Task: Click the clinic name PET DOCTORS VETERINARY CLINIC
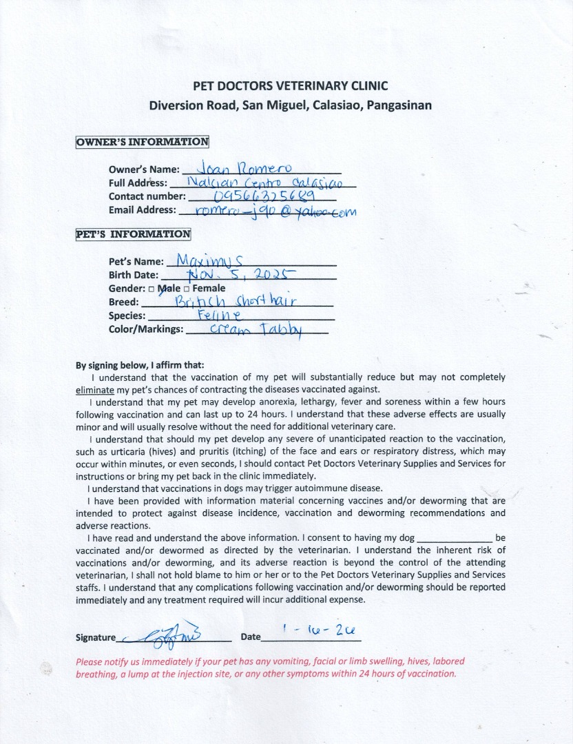289,86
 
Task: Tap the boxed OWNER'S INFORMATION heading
142,142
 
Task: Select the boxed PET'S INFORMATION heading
133,234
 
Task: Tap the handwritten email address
275,211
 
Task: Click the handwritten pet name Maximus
206,260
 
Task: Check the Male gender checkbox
151,289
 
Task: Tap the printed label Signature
96,637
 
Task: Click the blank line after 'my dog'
455,537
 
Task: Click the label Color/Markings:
146,329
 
